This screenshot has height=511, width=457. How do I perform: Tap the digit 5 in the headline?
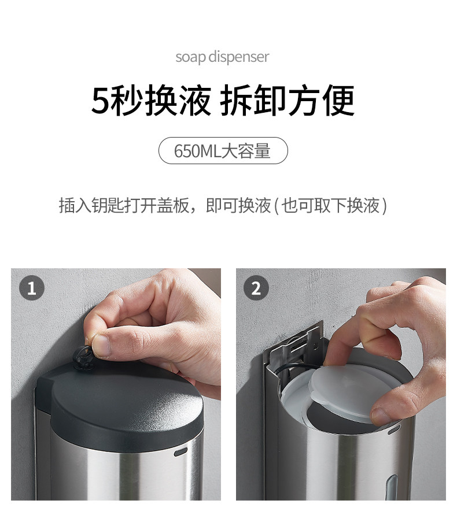(99, 100)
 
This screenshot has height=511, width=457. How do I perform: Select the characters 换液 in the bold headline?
(178, 100)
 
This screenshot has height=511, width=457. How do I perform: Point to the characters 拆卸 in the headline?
(253, 100)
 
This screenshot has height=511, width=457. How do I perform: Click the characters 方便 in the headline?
(321, 100)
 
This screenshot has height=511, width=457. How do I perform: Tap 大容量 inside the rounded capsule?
(246, 151)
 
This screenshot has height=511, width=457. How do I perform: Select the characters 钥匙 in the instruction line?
(108, 205)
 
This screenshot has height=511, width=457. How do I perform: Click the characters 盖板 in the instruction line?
(173, 205)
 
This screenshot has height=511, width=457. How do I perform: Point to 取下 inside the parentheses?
(330, 205)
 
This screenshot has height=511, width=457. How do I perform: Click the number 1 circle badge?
(32, 288)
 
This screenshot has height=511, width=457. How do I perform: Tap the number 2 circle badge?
(256, 288)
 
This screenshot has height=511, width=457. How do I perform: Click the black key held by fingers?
(82, 357)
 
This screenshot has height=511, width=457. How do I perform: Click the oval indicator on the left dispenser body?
(180, 451)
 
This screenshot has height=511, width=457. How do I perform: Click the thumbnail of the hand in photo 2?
(381, 416)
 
